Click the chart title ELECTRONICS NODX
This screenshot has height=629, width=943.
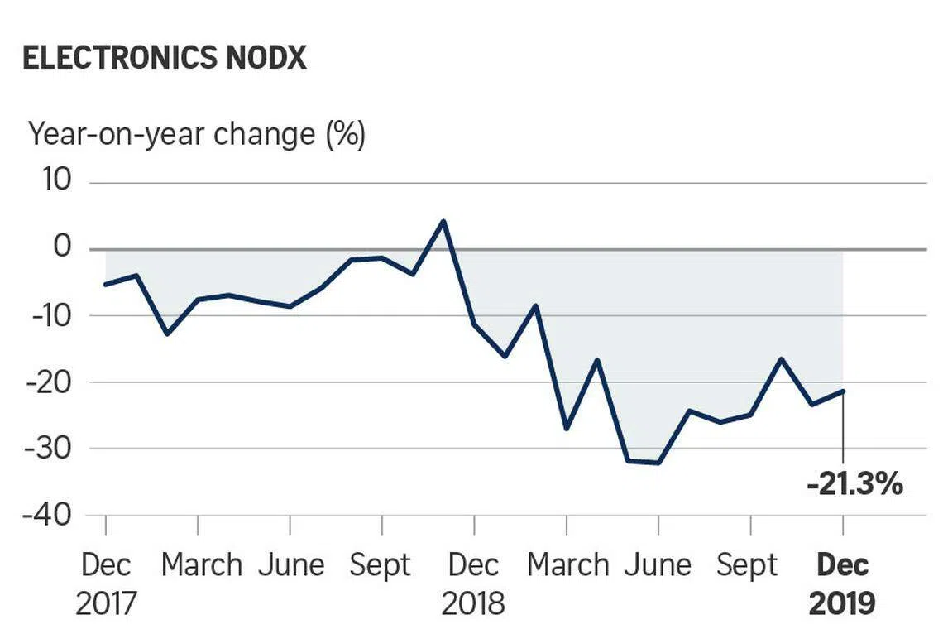[x=165, y=59]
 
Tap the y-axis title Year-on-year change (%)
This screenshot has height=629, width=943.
[x=197, y=133]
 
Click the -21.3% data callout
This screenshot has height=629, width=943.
[x=854, y=484]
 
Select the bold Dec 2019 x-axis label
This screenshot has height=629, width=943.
[x=842, y=584]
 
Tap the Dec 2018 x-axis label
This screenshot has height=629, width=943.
[x=473, y=584]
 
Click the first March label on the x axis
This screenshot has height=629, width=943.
[x=201, y=565]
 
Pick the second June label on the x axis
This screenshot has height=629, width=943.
[x=658, y=565]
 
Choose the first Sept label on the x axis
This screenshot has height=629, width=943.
[x=381, y=565]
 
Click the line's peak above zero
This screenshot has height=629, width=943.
[x=443, y=221]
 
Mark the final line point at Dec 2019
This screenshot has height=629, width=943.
[x=843, y=391]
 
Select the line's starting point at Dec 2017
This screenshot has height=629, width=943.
[x=106, y=284]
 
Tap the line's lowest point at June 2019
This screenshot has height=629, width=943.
[x=658, y=463]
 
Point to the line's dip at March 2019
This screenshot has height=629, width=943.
[x=567, y=429]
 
